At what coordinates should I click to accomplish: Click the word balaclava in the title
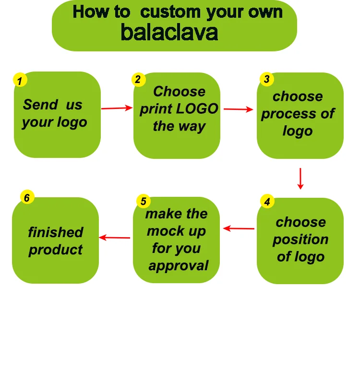169,32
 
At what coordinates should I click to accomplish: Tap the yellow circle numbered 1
20,81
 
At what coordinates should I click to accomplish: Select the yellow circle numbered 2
138,80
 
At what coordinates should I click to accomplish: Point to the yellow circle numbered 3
267,79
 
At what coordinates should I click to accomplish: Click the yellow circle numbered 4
267,202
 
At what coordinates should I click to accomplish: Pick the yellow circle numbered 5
144,202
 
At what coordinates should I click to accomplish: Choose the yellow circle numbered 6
27,197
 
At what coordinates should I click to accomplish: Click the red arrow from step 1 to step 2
117,108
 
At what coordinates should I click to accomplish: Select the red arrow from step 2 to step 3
238,109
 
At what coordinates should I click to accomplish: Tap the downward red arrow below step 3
300,178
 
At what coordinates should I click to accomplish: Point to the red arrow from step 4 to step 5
239,228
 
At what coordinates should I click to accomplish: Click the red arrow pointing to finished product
115,237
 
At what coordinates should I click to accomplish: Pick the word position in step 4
300,240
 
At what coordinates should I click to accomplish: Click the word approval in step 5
179,265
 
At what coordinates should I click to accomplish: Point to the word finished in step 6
56,232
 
